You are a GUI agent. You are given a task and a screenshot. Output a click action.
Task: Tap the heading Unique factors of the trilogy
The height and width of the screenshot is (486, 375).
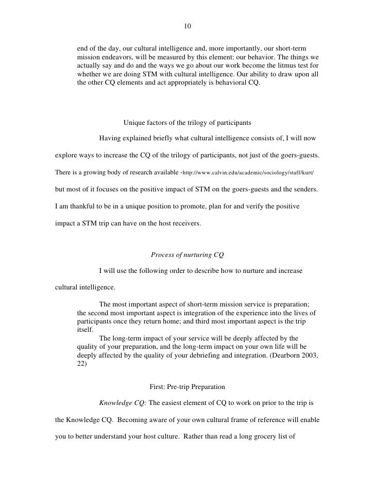pyautogui.click(x=187, y=123)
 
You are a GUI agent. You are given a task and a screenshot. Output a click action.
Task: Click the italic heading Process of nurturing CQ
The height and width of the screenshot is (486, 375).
pyautogui.click(x=187, y=254)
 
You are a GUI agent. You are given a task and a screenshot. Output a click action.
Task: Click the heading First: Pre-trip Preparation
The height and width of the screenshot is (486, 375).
pyautogui.click(x=187, y=386)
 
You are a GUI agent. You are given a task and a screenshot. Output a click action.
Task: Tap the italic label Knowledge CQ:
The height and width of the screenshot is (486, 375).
pyautogui.click(x=123, y=402)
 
